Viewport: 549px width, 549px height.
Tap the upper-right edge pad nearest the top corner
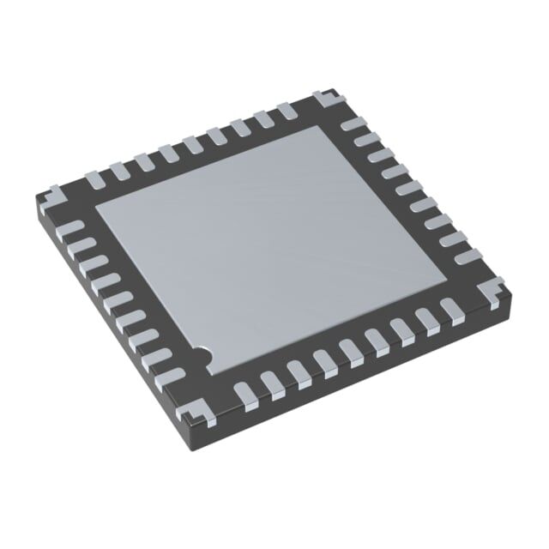pyautogui.click(x=353, y=125)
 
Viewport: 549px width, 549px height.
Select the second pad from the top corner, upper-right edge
pyautogui.click(x=365, y=140)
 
